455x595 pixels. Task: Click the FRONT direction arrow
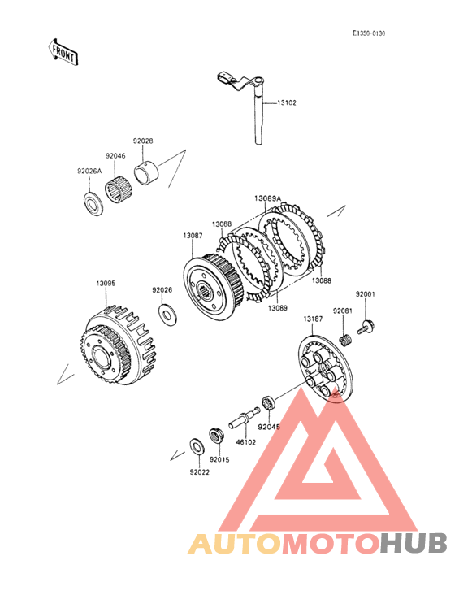coord(63,52)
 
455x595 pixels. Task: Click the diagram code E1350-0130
coord(369,33)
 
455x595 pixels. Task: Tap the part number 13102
coord(287,102)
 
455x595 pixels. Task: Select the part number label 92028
coord(143,141)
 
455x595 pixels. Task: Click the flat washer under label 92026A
coord(93,203)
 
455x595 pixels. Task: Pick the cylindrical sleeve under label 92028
coord(147,173)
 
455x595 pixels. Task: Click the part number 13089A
coord(267,198)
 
